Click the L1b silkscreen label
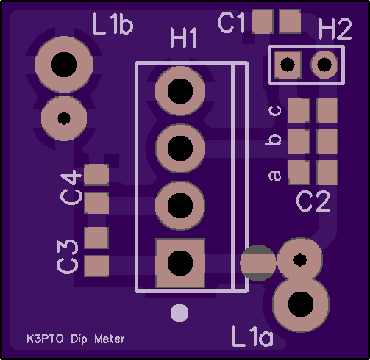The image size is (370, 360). [x=113, y=24]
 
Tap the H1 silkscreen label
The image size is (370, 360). [x=184, y=38]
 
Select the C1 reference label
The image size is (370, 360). [x=231, y=23]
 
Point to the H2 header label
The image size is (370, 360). [x=335, y=29]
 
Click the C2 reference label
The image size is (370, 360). [x=313, y=201]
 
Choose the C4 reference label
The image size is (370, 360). [x=71, y=188]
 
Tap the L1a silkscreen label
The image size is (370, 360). [x=252, y=336]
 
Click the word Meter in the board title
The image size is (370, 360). [x=110, y=339]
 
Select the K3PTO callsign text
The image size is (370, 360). [x=45, y=339]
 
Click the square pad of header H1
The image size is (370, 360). [x=180, y=263]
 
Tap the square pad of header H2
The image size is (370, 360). [x=288, y=65]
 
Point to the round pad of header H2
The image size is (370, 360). [x=324, y=65]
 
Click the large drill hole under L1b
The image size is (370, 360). [x=64, y=65]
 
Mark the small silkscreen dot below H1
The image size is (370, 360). [x=179, y=313]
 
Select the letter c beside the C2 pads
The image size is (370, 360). [x=275, y=111]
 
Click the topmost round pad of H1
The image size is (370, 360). [x=180, y=91]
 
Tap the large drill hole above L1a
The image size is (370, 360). [x=301, y=304]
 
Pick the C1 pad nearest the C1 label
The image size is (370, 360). [x=263, y=21]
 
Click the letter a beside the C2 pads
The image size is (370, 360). [x=275, y=176]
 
